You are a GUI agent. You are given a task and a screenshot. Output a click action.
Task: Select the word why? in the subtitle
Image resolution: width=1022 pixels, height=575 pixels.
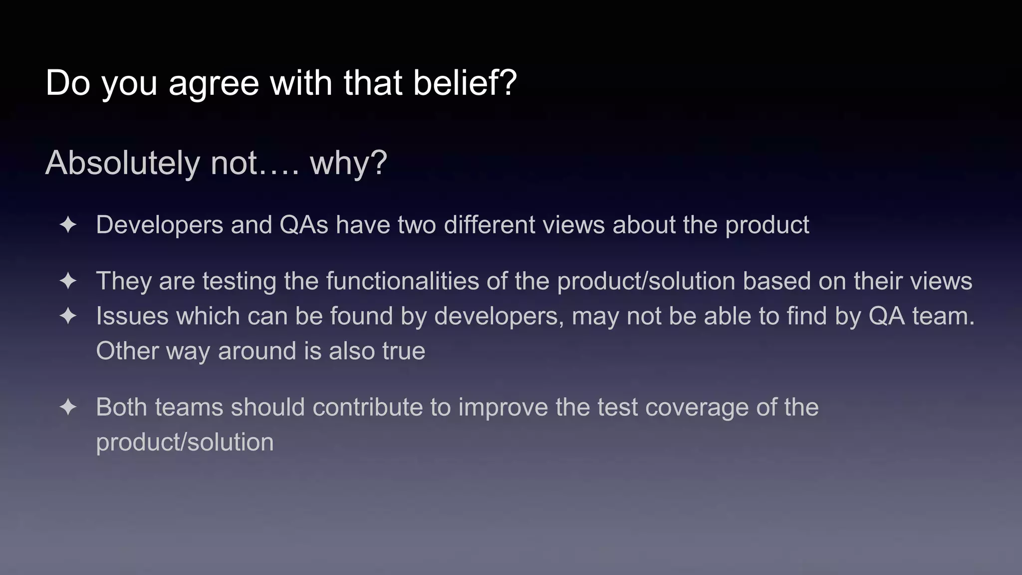(348, 163)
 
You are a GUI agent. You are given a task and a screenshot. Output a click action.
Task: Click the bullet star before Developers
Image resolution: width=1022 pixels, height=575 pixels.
(68, 225)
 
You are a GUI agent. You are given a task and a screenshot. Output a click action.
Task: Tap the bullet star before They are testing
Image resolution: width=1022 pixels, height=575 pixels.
(68, 281)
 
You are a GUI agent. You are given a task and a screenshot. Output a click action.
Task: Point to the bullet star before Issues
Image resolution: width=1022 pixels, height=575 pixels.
(68, 316)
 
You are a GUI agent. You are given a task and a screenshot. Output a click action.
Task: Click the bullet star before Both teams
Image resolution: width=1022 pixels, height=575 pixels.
(68, 407)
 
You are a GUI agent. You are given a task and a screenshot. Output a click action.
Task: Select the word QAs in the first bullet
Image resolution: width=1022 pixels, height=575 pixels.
(304, 225)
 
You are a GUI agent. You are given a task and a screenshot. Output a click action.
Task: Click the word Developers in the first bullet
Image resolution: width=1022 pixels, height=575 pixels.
(159, 225)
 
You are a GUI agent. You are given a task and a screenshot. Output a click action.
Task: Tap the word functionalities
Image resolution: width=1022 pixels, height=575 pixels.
(402, 281)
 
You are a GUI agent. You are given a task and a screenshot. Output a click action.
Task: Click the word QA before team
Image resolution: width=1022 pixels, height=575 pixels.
(886, 316)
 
